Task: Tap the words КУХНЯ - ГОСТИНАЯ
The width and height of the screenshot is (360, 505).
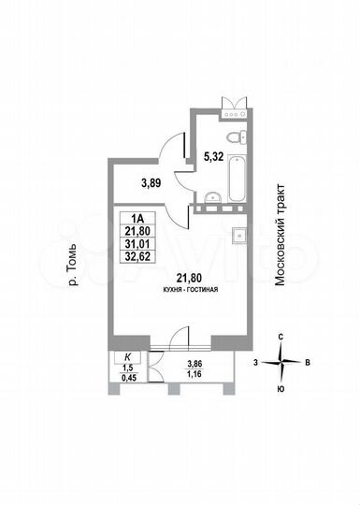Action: [x=189, y=291]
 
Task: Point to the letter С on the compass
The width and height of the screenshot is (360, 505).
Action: [x=281, y=339]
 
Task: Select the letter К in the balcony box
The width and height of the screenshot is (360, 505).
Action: [x=127, y=357]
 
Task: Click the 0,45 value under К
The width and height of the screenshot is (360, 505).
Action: [x=127, y=379]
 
